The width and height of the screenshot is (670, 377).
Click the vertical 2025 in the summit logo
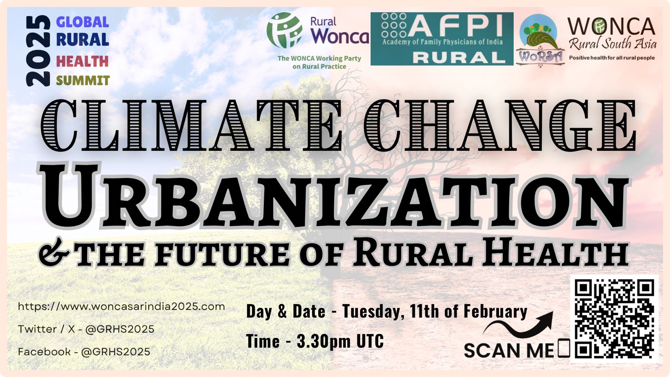click(x=38, y=51)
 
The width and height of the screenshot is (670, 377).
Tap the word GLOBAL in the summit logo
click(x=82, y=22)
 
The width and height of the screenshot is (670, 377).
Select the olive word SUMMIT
click(x=83, y=80)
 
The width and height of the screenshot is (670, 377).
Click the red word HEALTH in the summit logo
click(x=82, y=61)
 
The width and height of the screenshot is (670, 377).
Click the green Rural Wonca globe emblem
click(x=284, y=30)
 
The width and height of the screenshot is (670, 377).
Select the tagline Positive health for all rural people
click(x=612, y=58)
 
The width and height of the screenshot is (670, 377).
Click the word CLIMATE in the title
click(x=191, y=125)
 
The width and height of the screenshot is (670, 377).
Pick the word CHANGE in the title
click(x=500, y=125)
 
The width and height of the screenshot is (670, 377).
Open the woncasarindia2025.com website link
click(x=121, y=307)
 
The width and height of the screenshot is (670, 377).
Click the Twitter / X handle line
click(x=86, y=329)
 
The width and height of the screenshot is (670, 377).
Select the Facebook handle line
click(x=84, y=352)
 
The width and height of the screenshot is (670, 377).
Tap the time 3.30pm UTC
click(x=340, y=341)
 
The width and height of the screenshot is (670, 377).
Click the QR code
click(x=614, y=319)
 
